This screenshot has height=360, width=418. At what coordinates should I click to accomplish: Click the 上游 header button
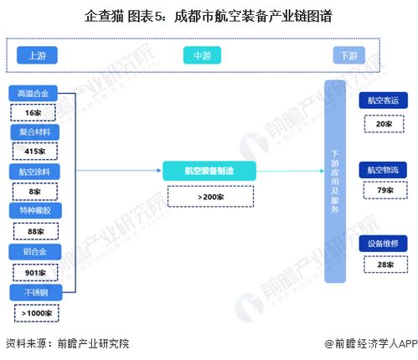[x=37, y=55]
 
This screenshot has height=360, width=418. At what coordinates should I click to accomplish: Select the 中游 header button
[x=202, y=55]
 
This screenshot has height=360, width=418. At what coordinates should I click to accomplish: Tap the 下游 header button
[x=348, y=55]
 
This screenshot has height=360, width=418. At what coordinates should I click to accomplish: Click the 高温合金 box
[x=34, y=93]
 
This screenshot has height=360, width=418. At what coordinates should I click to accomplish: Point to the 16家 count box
[x=34, y=112]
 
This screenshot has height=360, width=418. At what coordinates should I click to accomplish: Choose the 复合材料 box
[x=34, y=132]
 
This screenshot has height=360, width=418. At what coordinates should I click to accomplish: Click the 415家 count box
[x=34, y=152]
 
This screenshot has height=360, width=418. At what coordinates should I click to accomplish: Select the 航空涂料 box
[x=34, y=172]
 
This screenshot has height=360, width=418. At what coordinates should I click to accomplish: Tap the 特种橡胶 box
[x=34, y=211]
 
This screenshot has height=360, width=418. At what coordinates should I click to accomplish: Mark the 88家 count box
[x=34, y=232]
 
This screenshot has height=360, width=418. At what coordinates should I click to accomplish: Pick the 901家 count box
[x=34, y=272]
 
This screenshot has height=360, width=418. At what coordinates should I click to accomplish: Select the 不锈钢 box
[x=34, y=292]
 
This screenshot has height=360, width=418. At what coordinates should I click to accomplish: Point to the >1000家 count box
[x=34, y=312]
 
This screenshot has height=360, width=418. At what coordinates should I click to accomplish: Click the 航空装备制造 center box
[x=209, y=171]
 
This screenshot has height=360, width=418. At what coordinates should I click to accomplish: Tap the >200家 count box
[x=209, y=197]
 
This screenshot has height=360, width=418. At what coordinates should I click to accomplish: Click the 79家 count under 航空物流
[x=384, y=191]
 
